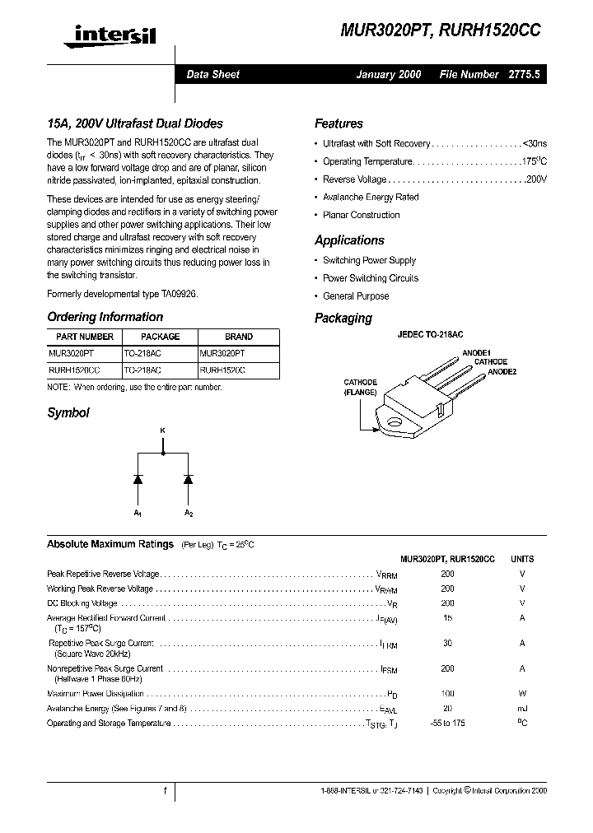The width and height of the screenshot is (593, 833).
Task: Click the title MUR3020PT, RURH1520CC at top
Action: [441, 30]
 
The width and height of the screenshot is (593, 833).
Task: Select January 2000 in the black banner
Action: [388, 74]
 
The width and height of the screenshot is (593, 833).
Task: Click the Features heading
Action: [339, 123]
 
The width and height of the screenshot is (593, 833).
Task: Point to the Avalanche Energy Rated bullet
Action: [370, 198]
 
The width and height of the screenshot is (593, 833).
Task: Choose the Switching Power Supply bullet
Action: [369, 260]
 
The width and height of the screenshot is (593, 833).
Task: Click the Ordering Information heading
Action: [105, 317]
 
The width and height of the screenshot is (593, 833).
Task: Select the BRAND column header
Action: [238, 337]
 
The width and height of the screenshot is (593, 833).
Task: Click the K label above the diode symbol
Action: [162, 430]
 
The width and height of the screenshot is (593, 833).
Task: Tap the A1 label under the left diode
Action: [138, 513]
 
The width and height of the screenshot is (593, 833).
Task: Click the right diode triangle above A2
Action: [188, 478]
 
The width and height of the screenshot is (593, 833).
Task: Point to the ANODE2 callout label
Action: [502, 372]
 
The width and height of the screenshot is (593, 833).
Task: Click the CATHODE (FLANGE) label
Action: [361, 388]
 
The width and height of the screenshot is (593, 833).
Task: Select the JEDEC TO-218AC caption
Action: [430, 335]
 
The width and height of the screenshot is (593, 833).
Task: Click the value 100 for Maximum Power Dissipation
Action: [447, 694]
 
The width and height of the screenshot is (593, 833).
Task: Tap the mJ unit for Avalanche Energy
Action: [522, 709]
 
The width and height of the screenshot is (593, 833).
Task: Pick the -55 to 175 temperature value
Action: [447, 724]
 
